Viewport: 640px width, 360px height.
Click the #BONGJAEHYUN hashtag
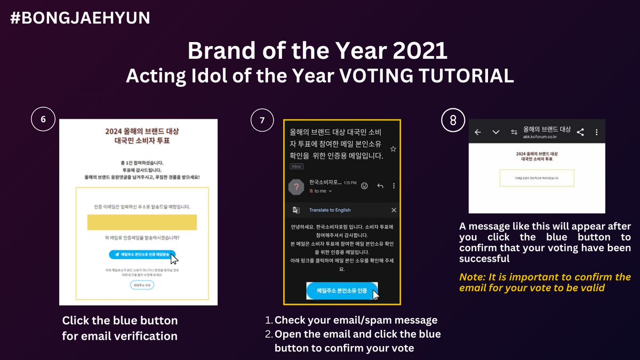[x=80, y=18]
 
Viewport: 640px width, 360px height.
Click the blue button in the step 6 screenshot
[x=142, y=255]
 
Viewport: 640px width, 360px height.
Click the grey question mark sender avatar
[x=296, y=187]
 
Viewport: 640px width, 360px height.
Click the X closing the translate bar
[x=394, y=210]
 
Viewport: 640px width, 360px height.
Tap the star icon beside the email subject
[x=393, y=149]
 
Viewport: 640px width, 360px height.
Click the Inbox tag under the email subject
[x=297, y=166]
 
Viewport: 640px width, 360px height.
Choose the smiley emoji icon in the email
[x=365, y=186]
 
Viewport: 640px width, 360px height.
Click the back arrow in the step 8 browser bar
[x=478, y=132]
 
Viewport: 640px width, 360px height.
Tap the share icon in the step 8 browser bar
[x=580, y=132]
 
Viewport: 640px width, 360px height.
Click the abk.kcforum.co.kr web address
[x=542, y=137]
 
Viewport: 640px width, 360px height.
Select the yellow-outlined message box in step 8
[x=537, y=178]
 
